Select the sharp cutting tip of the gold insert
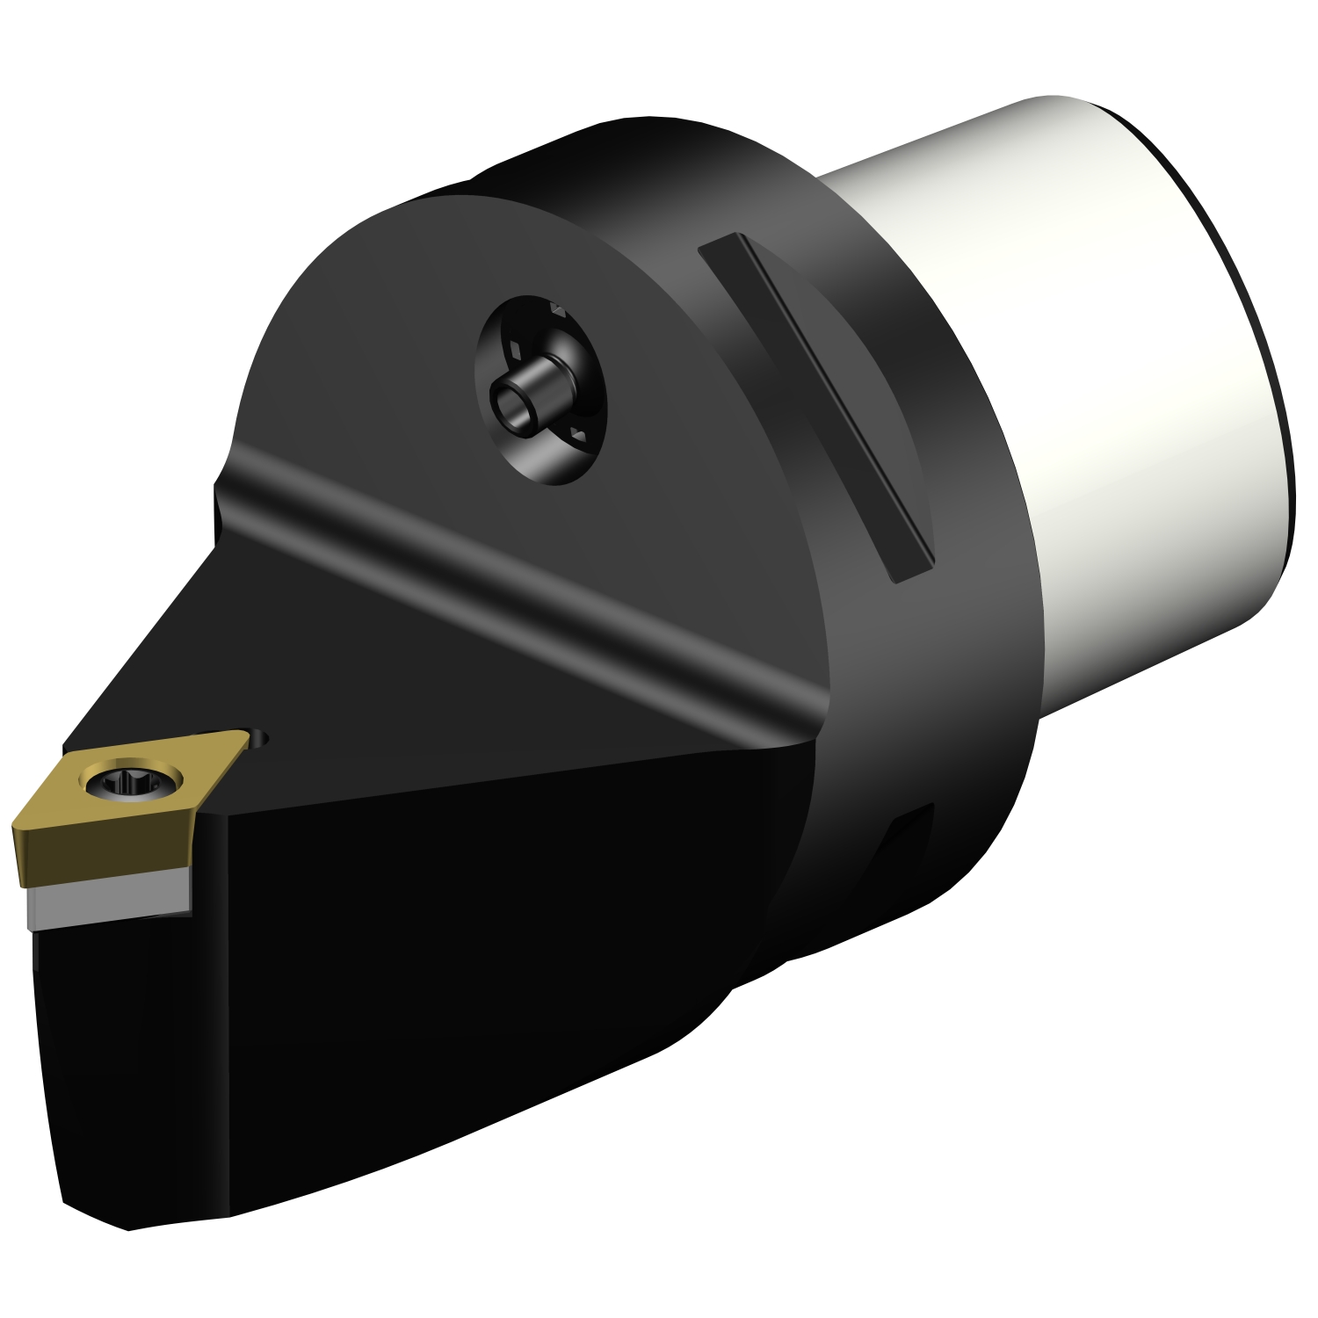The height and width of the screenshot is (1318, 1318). pyautogui.click(x=15, y=826)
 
